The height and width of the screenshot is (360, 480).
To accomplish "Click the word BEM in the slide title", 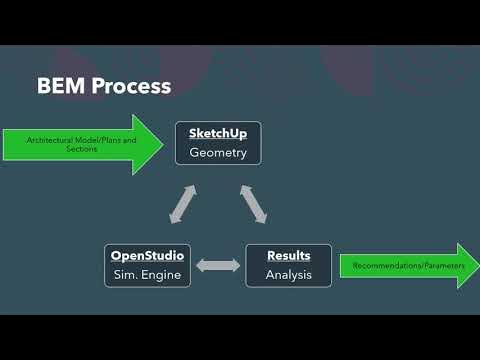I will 61,86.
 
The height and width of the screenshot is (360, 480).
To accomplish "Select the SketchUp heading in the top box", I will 218,133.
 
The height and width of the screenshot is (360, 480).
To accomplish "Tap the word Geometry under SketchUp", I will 218,153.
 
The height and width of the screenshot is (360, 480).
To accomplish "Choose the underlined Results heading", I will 289,256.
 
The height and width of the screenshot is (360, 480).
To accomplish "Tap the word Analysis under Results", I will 289,275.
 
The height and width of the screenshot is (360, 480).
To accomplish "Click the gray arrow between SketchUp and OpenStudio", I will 182,205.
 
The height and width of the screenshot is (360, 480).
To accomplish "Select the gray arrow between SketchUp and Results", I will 254,203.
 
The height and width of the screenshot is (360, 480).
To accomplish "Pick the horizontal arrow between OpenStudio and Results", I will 218,265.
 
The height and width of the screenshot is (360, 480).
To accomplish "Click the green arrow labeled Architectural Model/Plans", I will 80,145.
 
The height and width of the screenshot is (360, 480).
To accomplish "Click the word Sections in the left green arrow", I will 41,149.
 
